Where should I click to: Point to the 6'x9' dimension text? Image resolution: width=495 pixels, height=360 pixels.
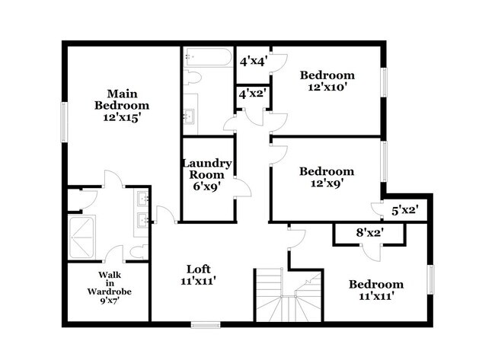click(x=206, y=186)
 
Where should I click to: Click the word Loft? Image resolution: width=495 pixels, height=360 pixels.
click(x=199, y=269)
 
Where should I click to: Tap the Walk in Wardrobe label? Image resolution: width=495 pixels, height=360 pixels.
click(x=108, y=282)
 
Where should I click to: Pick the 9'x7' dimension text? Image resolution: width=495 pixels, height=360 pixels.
click(x=108, y=300)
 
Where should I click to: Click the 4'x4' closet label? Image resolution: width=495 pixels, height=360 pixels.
click(x=252, y=62)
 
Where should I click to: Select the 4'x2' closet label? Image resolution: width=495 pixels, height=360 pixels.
click(x=251, y=95)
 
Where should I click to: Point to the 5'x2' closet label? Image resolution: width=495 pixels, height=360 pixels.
click(x=404, y=208)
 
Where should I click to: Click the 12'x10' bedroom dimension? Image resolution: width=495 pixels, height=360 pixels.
click(x=327, y=88)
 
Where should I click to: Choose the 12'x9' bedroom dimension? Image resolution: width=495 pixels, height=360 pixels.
click(x=327, y=184)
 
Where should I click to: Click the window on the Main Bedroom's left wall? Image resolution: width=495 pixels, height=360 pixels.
click(x=64, y=122)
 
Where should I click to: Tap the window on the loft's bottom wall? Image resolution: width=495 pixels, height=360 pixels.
click(x=205, y=325)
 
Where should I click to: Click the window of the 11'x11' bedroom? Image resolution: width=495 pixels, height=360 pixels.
click(x=430, y=278)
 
